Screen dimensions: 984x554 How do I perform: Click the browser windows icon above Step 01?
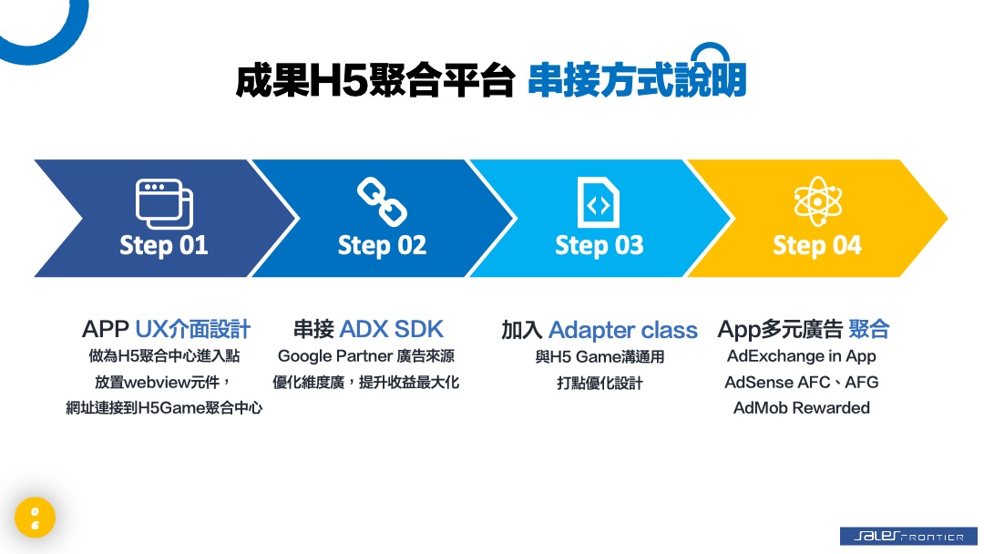pyautogui.click(x=164, y=204)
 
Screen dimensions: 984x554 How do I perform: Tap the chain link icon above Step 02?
pyautogui.click(x=382, y=201)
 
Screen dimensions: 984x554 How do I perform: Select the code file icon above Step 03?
pyautogui.click(x=598, y=202)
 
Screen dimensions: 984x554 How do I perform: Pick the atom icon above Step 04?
pyautogui.click(x=817, y=201)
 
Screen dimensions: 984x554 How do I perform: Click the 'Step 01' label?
pyautogui.click(x=164, y=245)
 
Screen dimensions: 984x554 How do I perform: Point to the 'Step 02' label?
pyautogui.click(x=382, y=245)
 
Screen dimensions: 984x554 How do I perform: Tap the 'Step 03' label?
pyautogui.click(x=600, y=245)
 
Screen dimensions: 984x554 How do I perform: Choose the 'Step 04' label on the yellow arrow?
pyautogui.click(x=817, y=245)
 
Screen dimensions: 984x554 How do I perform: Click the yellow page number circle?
pyautogui.click(x=36, y=518)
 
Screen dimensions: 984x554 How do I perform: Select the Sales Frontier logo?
pyautogui.click(x=908, y=536)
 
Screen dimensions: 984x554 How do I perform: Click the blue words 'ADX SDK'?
pyautogui.click(x=392, y=329)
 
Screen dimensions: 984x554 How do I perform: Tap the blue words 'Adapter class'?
pyautogui.click(x=623, y=330)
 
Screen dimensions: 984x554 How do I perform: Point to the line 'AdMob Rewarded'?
pyautogui.click(x=802, y=408)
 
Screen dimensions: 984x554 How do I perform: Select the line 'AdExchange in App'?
pyautogui.click(x=802, y=356)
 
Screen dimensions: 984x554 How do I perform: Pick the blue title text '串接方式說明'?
pyautogui.click(x=637, y=79)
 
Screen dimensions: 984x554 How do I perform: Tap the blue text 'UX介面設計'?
pyautogui.click(x=192, y=329)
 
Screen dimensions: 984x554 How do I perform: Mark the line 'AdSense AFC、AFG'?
pyautogui.click(x=802, y=382)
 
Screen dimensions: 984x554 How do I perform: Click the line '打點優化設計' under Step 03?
pyautogui.click(x=600, y=383)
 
